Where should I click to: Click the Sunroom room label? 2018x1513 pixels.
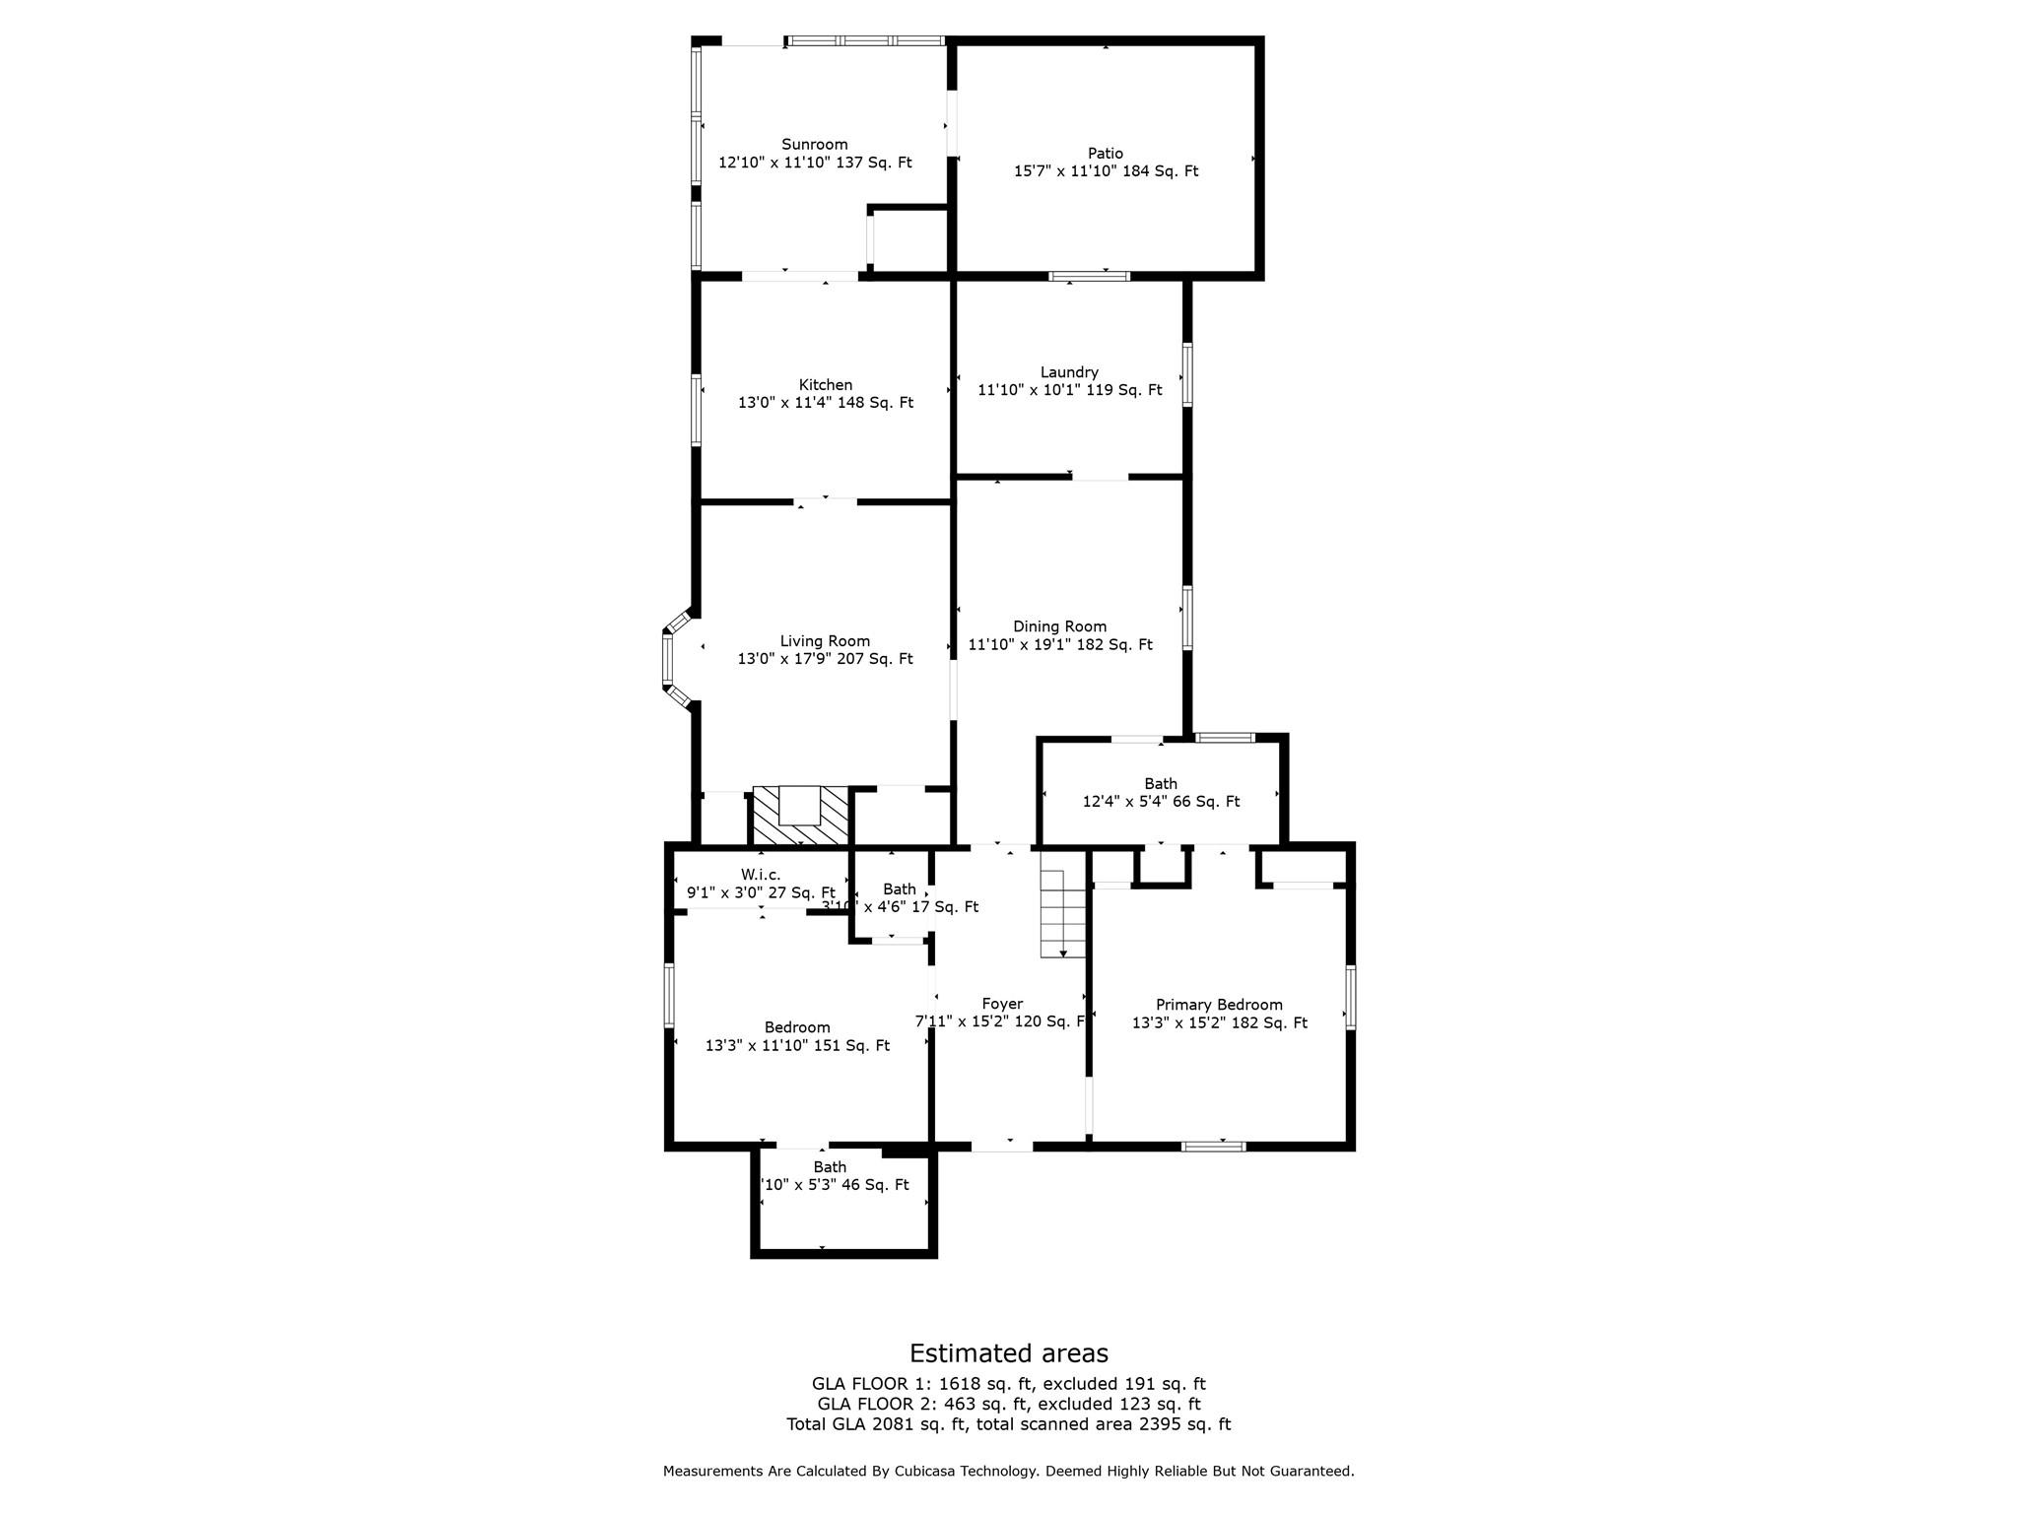click(814, 144)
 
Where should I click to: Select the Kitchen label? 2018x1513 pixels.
click(825, 385)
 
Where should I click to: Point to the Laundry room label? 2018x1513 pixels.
click(1069, 372)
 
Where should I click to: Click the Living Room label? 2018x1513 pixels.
click(825, 641)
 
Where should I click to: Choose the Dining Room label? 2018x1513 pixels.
click(1059, 626)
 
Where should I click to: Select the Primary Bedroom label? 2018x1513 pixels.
click(1219, 1005)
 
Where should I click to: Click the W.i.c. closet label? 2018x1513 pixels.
click(760, 875)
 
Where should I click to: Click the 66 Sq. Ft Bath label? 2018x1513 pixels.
click(1161, 784)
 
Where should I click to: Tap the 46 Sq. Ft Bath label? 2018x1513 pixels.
click(830, 1167)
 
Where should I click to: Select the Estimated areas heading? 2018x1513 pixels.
click(1008, 1353)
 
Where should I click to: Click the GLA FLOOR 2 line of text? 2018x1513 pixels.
click(1008, 1404)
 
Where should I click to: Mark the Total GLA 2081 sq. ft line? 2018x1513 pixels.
click(1008, 1424)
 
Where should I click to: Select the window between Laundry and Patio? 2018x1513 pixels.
click(1088, 277)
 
